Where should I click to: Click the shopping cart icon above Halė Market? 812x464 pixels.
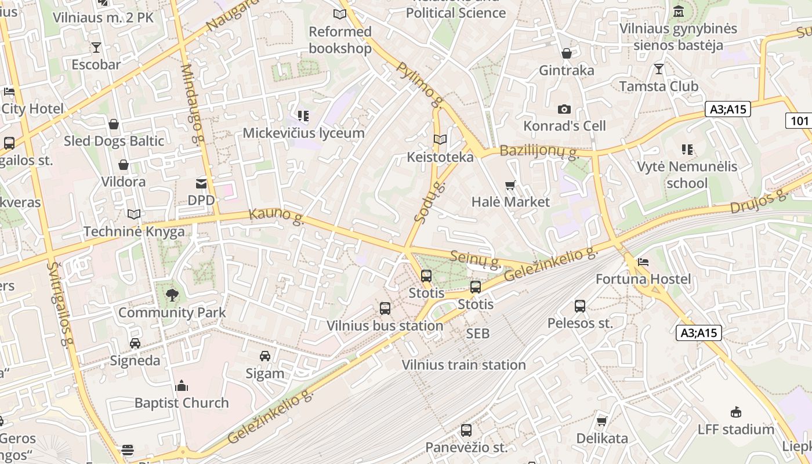[x=510, y=186]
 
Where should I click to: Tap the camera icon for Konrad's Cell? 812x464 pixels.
[x=564, y=110]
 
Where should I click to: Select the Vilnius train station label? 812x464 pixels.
[x=464, y=365]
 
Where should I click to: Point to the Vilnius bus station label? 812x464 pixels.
[x=385, y=326]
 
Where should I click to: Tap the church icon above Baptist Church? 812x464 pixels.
[x=182, y=386]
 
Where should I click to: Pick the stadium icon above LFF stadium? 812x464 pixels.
[x=735, y=412]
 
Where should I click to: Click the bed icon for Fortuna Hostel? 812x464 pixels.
[x=643, y=263]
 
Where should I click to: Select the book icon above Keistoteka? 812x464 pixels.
[x=440, y=140]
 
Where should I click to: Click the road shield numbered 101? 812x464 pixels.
[x=799, y=121]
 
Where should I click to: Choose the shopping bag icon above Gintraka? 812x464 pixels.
[x=567, y=54]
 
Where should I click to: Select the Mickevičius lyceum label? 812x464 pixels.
[x=303, y=133]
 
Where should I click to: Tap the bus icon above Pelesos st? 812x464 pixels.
[x=580, y=306]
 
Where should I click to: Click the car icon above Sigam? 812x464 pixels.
[x=265, y=356]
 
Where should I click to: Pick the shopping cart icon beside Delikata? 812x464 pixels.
[x=602, y=421]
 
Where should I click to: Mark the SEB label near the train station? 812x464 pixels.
[x=478, y=333]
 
